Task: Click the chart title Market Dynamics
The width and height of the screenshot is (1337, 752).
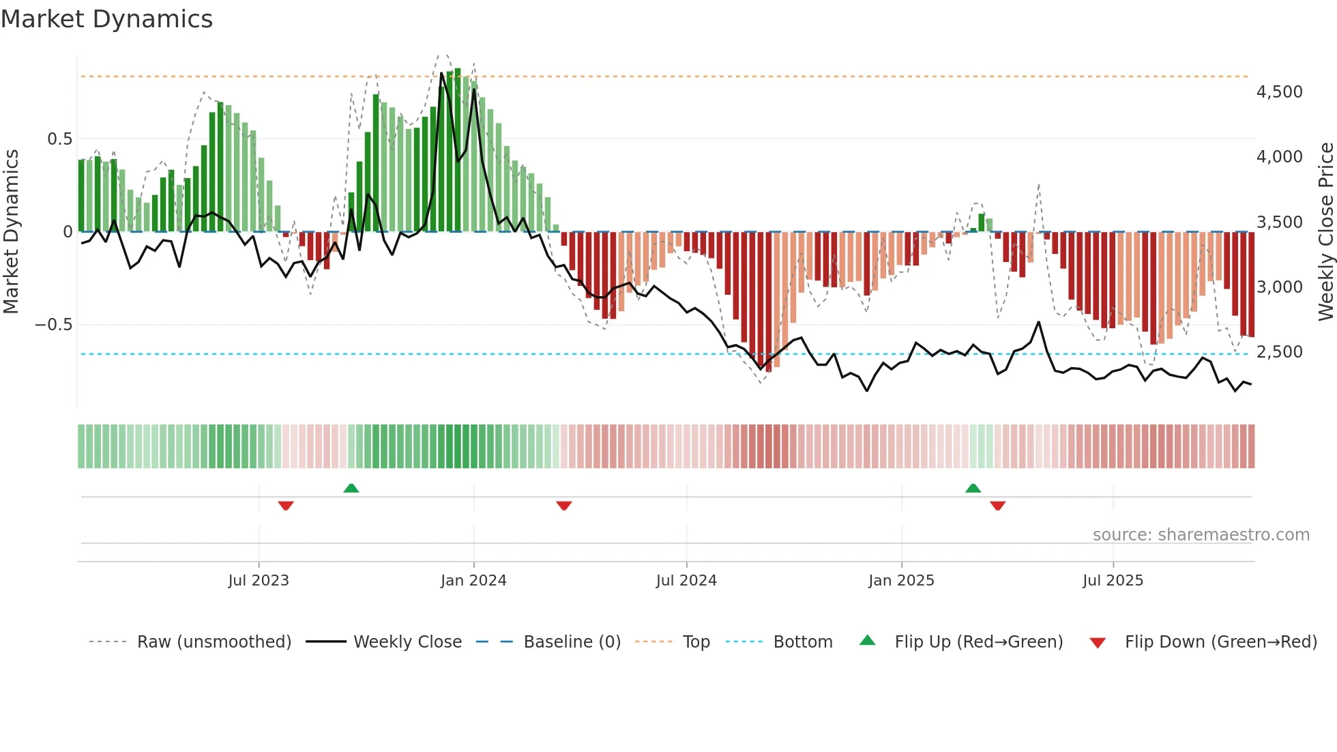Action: pyautogui.click(x=107, y=19)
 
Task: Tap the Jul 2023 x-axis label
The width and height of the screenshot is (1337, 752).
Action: pyautogui.click(x=259, y=581)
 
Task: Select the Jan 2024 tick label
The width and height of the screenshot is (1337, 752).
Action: pyautogui.click(x=473, y=581)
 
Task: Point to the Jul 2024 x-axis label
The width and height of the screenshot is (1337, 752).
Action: pyautogui.click(x=686, y=581)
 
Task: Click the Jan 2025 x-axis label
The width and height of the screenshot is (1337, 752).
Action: pyautogui.click(x=901, y=581)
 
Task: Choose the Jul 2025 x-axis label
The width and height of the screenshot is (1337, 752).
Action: pyautogui.click(x=1113, y=581)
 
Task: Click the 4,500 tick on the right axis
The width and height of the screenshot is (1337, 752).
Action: pyautogui.click(x=1279, y=92)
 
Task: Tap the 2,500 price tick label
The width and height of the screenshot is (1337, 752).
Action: pyautogui.click(x=1279, y=352)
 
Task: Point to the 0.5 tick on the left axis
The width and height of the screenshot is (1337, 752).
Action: pyautogui.click(x=59, y=139)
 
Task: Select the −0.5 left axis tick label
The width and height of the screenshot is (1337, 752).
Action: pyautogui.click(x=53, y=325)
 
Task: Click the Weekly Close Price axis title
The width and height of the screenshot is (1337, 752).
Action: pyautogui.click(x=1325, y=231)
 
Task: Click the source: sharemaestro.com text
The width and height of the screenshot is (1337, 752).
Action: pyautogui.click(x=1201, y=535)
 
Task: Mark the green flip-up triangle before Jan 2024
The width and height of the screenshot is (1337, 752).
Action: pyautogui.click(x=351, y=488)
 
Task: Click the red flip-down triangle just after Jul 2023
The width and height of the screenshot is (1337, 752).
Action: pyautogui.click(x=286, y=506)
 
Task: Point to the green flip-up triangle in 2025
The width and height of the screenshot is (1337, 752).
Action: pyautogui.click(x=973, y=488)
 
